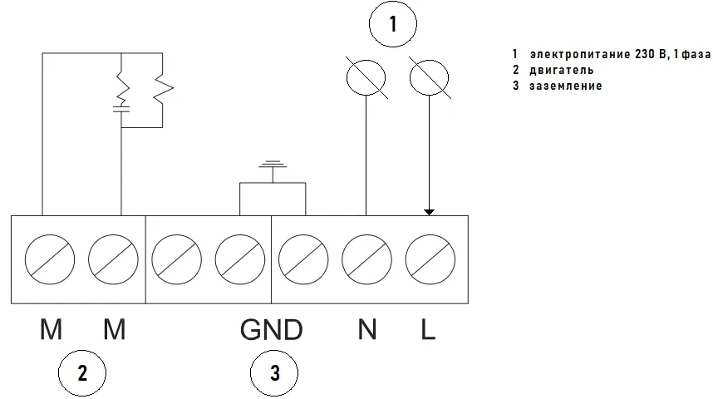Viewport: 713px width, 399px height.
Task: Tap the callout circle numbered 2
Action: (x=81, y=373)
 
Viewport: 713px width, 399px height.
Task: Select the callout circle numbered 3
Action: (x=274, y=373)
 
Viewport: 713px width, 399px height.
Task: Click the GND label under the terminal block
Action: (x=271, y=330)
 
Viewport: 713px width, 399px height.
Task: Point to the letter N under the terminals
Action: (x=366, y=330)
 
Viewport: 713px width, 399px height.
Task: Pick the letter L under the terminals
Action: (x=428, y=330)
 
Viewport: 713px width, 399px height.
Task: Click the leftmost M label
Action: (x=52, y=330)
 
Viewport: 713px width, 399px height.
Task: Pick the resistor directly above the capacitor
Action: (x=121, y=85)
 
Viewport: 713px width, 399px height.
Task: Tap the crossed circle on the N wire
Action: (x=366, y=80)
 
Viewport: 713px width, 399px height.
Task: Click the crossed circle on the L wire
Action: (x=429, y=80)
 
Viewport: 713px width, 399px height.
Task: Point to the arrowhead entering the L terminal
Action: (x=429, y=211)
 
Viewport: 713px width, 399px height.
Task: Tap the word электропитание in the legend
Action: (x=578, y=55)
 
